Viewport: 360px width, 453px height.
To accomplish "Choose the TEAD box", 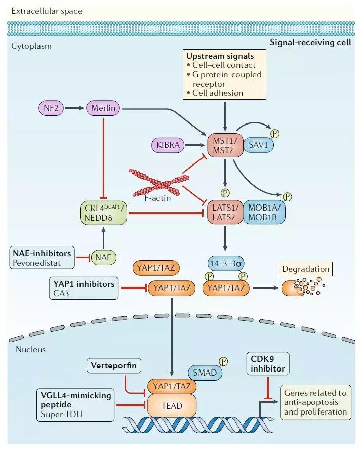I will [171, 405].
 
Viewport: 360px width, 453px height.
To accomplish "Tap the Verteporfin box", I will [114, 364].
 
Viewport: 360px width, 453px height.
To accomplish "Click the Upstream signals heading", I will [220, 56].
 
